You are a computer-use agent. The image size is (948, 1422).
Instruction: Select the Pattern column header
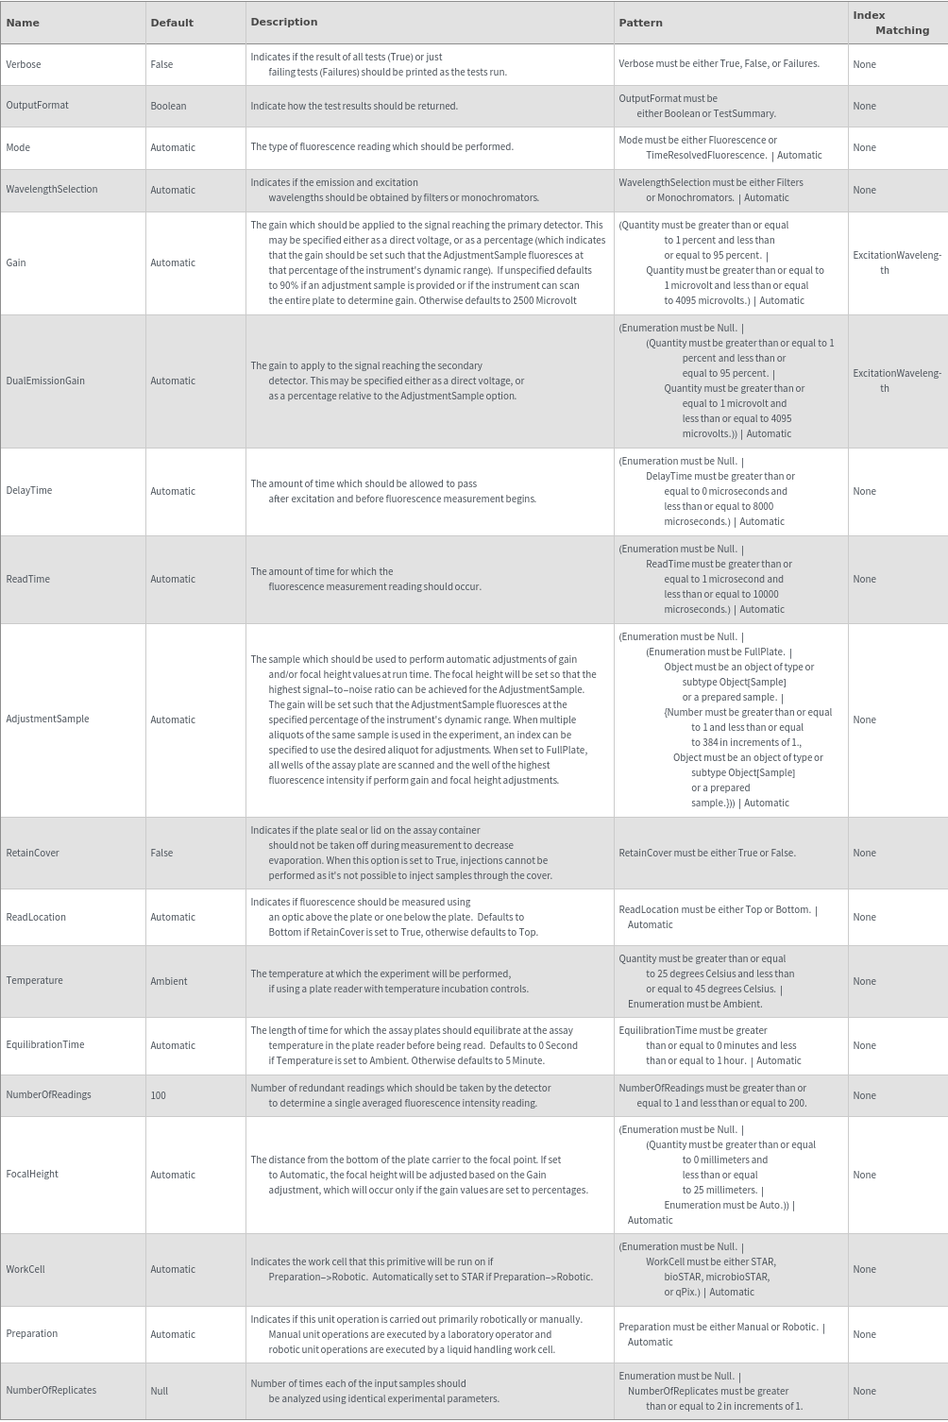(x=640, y=22)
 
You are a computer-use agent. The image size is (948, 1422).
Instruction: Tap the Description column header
(x=283, y=22)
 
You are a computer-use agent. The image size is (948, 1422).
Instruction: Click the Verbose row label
(x=24, y=64)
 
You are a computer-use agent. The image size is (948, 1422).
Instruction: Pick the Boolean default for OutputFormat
(x=168, y=106)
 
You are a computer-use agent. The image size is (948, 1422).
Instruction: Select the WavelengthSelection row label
(x=52, y=189)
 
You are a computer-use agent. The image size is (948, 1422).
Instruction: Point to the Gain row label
(x=16, y=262)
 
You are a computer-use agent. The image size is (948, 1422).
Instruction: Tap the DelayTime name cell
(x=29, y=490)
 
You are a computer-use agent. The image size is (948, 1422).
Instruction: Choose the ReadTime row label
(x=28, y=579)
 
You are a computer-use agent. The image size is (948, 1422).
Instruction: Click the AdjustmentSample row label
(x=47, y=719)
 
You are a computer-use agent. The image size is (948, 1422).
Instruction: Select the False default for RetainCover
(x=161, y=853)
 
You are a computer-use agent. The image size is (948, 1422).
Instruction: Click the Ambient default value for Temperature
(x=169, y=981)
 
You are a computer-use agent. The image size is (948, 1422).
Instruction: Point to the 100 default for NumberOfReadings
(x=158, y=1095)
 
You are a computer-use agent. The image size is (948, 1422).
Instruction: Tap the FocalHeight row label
(x=32, y=1174)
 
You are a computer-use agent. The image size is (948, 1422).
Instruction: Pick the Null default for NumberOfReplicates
(x=159, y=1391)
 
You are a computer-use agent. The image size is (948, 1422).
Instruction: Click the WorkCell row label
(x=25, y=1269)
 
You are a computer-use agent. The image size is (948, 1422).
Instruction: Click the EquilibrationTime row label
(x=45, y=1044)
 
